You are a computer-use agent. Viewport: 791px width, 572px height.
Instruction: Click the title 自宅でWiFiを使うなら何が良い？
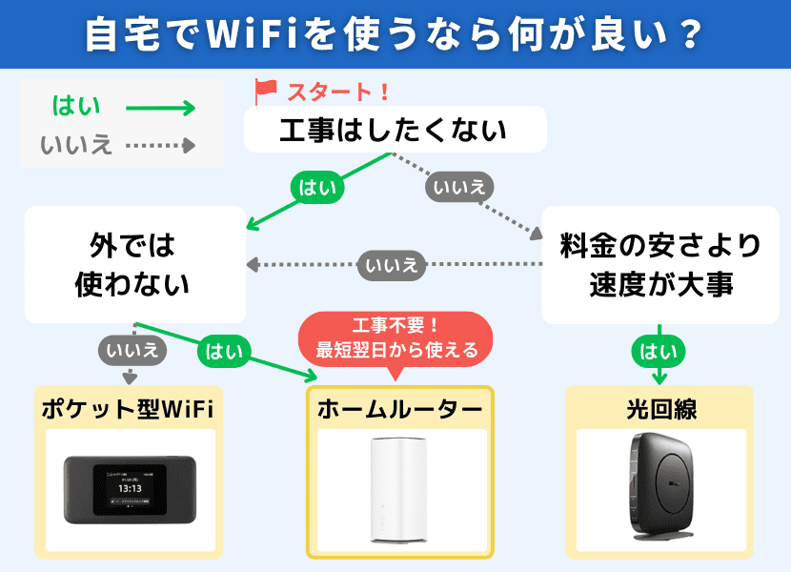pyautogui.click(x=395, y=34)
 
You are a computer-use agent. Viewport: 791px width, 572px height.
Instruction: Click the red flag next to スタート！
pyautogui.click(x=265, y=92)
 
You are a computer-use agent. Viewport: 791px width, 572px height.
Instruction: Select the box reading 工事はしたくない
pyautogui.click(x=395, y=130)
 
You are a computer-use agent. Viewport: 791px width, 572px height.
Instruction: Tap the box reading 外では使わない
pyautogui.click(x=132, y=264)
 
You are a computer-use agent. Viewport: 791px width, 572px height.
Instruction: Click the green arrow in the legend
pyautogui.click(x=160, y=108)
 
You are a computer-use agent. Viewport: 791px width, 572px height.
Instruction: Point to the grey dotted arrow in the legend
pyautogui.click(x=160, y=146)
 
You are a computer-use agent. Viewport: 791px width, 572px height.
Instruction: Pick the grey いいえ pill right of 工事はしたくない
pyautogui.click(x=460, y=187)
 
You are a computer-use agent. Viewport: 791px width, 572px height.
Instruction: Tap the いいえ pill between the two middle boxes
pyautogui.click(x=391, y=265)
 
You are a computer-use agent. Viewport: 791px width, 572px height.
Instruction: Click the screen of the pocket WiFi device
pyautogui.click(x=130, y=487)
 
